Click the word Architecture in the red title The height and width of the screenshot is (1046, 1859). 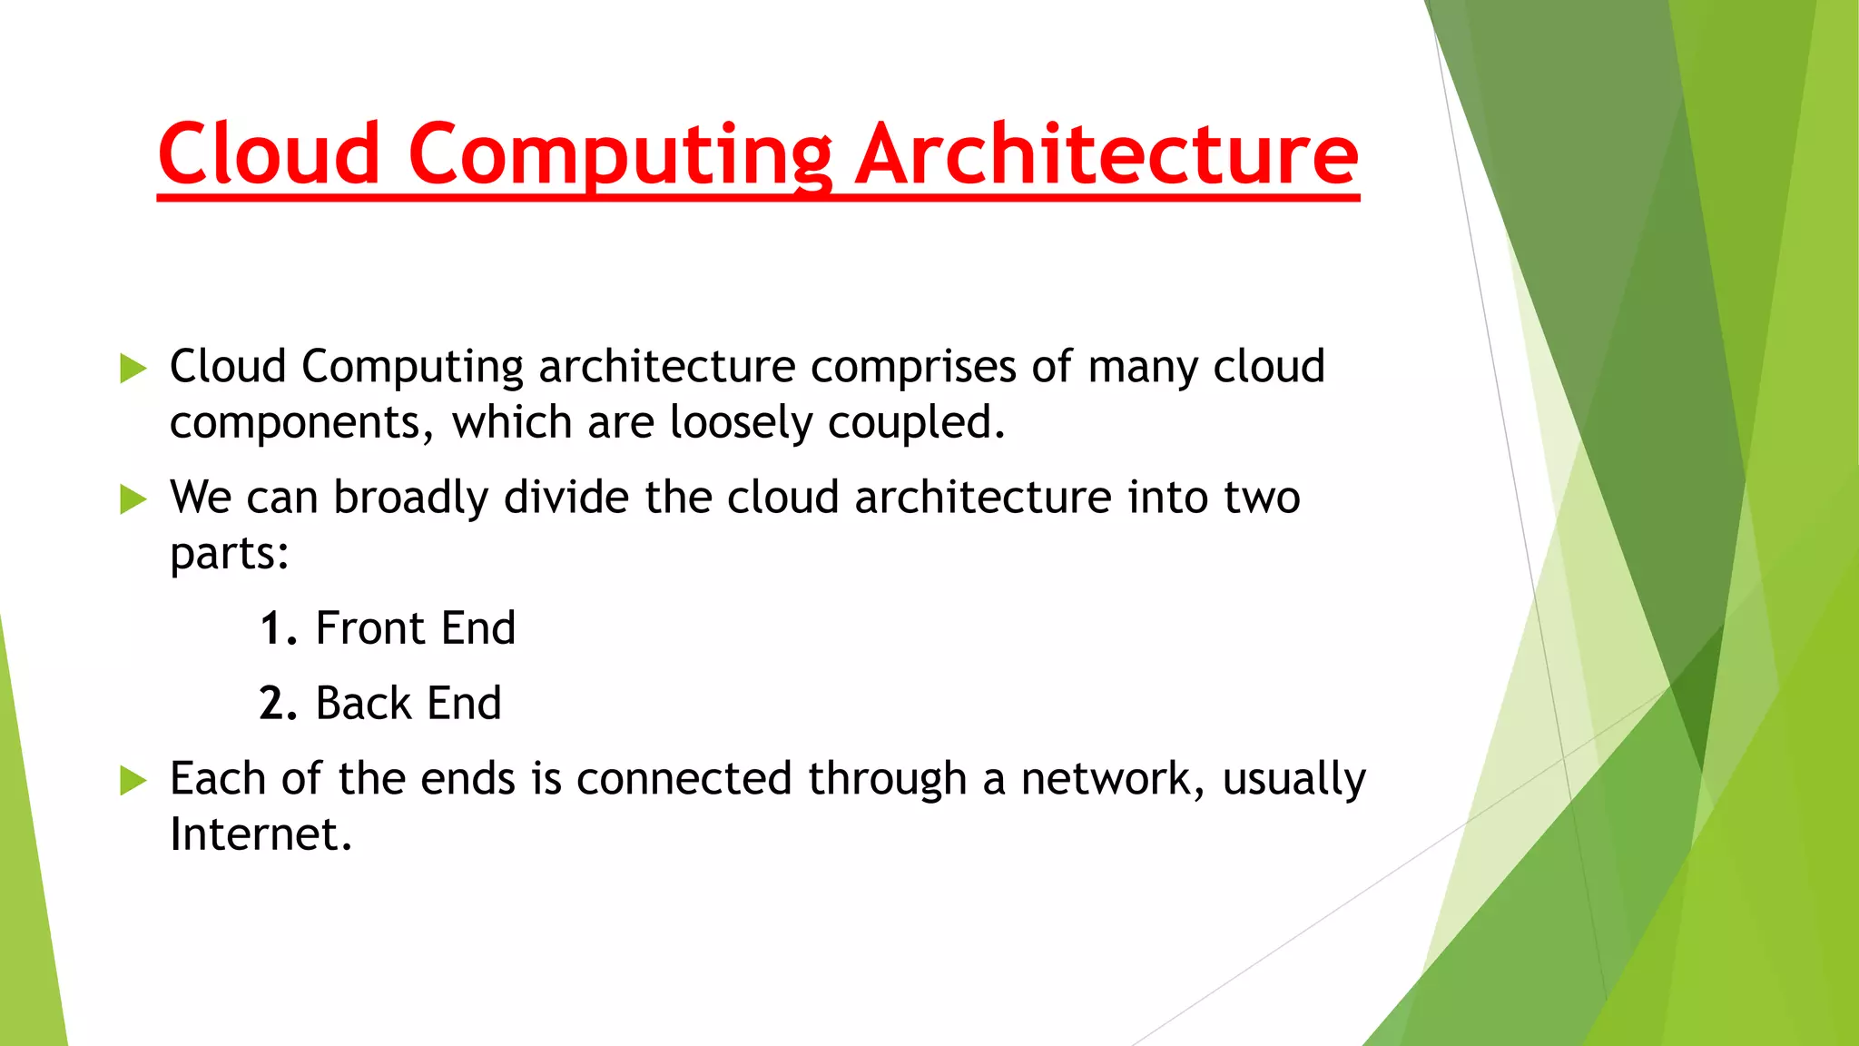point(1107,154)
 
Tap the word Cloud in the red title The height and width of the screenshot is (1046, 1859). point(269,154)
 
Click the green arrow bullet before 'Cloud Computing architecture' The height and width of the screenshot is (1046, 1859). point(133,369)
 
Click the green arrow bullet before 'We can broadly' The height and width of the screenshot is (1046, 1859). point(133,499)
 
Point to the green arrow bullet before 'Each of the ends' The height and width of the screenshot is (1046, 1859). point(133,780)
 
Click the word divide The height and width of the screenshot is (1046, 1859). point(566,498)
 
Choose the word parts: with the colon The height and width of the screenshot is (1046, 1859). point(230,554)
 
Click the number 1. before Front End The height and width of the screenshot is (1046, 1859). point(279,629)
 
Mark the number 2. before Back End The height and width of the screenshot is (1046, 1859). point(279,704)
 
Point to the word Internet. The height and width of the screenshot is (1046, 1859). point(261,834)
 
